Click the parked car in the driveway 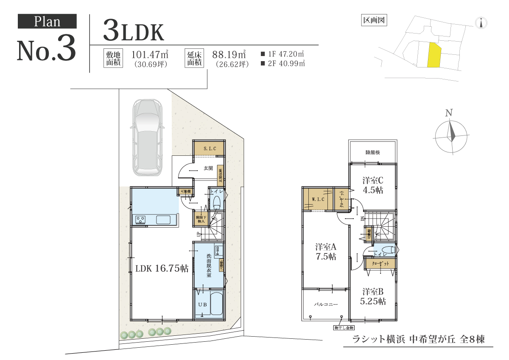pos(146,138)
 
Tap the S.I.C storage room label pos(210,149)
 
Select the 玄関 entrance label pos(208,169)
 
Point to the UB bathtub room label pos(202,304)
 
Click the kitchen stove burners pos(140,219)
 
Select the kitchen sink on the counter pos(163,219)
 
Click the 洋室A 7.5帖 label pos(326,251)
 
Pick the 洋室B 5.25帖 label pos(373,296)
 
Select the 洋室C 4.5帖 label pos(373,185)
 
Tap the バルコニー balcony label pos(325,304)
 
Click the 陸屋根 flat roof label pos(372,152)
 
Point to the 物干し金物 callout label pos(344,328)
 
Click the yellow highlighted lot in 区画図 pos(434,55)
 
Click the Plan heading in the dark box pos(47,21)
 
